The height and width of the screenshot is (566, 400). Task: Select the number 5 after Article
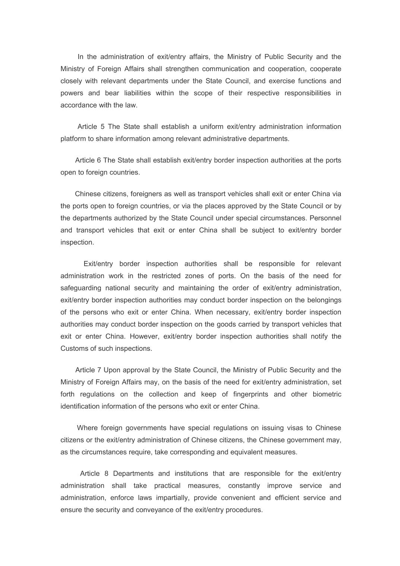click(102, 127)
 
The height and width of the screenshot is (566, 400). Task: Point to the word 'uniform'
click(211, 127)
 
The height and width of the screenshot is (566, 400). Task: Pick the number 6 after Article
click(99, 160)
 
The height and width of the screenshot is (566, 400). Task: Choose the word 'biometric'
click(327, 394)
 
